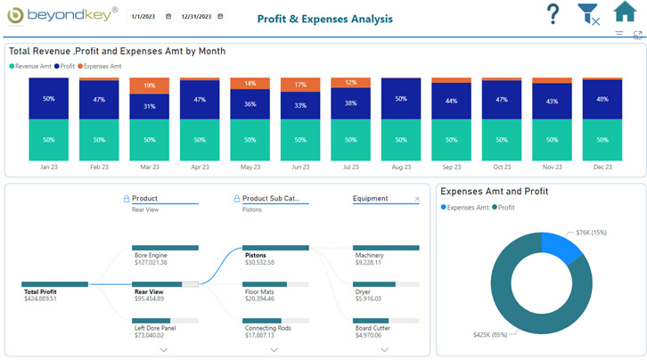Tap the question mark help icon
(x=553, y=14)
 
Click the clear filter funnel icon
(x=588, y=14)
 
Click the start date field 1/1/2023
(x=143, y=17)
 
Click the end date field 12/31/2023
(x=196, y=17)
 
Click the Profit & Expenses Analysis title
(x=323, y=19)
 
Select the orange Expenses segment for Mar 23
(x=150, y=86)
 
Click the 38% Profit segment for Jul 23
(x=351, y=103)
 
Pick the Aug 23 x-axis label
(x=401, y=167)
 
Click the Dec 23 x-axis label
(x=602, y=167)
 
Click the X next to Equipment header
(x=416, y=199)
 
